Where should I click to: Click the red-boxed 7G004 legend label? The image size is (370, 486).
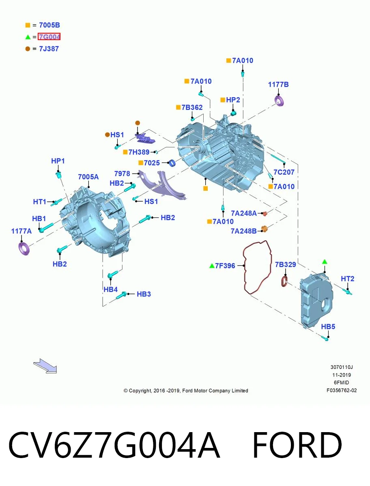(x=49, y=36)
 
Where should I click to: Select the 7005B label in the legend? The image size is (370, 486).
(x=49, y=25)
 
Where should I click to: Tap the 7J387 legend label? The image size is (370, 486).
(x=49, y=49)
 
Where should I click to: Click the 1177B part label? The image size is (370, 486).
(x=278, y=84)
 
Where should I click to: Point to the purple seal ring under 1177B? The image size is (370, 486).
(x=280, y=101)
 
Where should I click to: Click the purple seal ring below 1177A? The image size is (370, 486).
(x=24, y=249)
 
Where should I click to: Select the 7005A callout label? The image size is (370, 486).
(x=88, y=177)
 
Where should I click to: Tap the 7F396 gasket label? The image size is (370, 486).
(x=225, y=265)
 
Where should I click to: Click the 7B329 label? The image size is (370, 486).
(x=285, y=264)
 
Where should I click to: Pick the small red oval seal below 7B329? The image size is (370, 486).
(x=284, y=281)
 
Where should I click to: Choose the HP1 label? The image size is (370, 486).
(x=58, y=161)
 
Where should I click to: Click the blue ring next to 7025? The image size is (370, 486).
(x=172, y=163)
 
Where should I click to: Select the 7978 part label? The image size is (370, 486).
(x=122, y=174)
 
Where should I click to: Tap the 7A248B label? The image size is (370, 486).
(x=244, y=231)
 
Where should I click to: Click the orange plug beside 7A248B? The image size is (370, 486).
(x=264, y=229)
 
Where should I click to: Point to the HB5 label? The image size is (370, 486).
(x=328, y=326)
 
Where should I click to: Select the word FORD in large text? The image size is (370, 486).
(x=297, y=445)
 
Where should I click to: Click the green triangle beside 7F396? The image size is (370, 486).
(x=212, y=266)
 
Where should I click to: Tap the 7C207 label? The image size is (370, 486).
(x=284, y=172)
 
